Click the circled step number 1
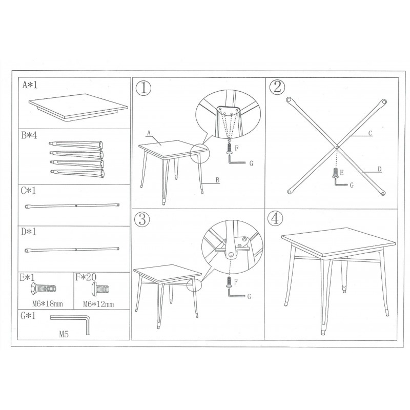click(x=143, y=88)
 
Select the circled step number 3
click(x=142, y=219)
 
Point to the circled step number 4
click(x=275, y=219)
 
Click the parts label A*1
click(x=30, y=85)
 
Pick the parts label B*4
click(x=29, y=136)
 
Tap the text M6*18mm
click(x=48, y=304)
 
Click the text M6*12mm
click(x=98, y=304)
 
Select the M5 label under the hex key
click(x=64, y=334)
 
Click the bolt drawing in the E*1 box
click(x=43, y=289)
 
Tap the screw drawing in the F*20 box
click(x=99, y=289)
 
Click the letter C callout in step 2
click(x=370, y=133)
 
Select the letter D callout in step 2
click(x=380, y=170)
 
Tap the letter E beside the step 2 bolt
click(x=341, y=173)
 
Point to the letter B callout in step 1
click(x=217, y=180)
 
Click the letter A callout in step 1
click(x=149, y=133)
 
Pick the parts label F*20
click(x=86, y=277)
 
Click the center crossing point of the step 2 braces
click(x=337, y=148)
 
